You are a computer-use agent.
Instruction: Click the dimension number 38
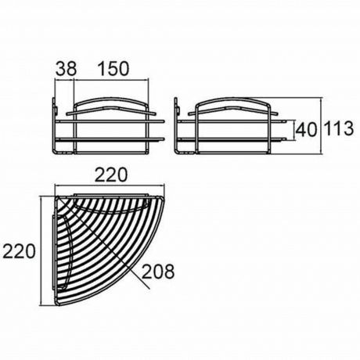tap(67, 69)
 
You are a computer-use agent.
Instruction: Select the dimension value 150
tap(113, 69)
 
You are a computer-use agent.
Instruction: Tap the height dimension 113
tap(339, 128)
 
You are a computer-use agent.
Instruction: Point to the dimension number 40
tap(307, 130)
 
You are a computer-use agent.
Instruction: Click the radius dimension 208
tap(158, 272)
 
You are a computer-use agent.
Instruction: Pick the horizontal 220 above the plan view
tap(111, 175)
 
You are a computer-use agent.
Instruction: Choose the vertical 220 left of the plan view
tap(19, 251)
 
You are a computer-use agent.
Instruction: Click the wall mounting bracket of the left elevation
tap(55, 106)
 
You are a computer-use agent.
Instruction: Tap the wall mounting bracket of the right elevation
tap(176, 106)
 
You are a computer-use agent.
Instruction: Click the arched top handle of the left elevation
tap(112, 99)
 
